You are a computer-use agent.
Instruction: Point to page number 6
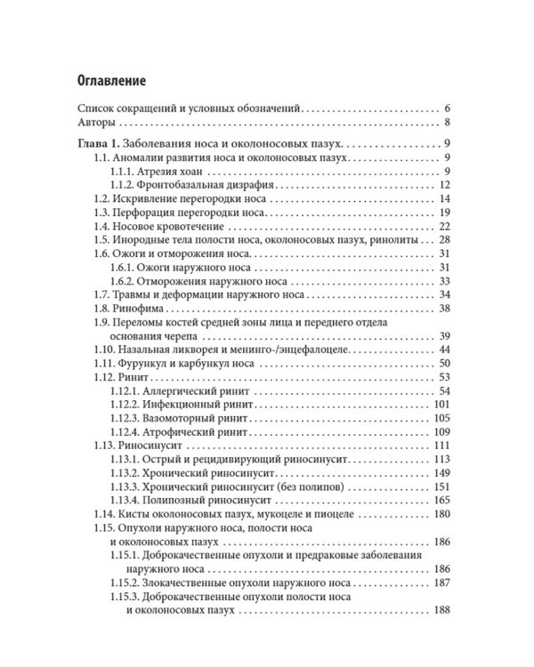pyautogui.click(x=449, y=106)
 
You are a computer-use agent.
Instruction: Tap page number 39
pyautogui.click(x=446, y=337)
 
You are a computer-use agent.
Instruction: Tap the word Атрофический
pyautogui.click(x=182, y=433)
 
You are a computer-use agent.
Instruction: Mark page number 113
pyautogui.click(x=443, y=459)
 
